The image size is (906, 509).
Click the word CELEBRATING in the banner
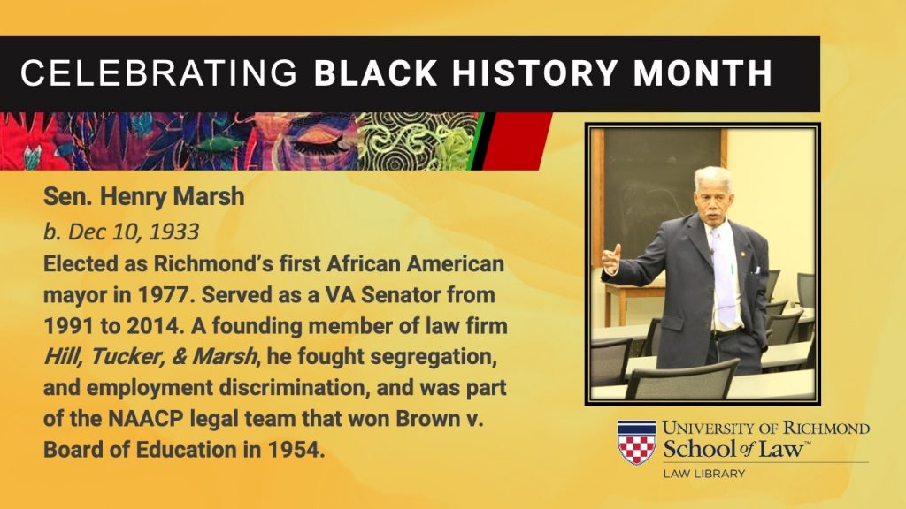pyautogui.click(x=159, y=73)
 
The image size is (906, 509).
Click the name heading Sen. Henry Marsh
pyautogui.click(x=144, y=197)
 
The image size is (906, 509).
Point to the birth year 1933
pyautogui.click(x=174, y=232)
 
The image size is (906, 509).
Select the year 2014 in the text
pyautogui.click(x=154, y=326)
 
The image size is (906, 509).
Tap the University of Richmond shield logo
pyautogui.click(x=637, y=442)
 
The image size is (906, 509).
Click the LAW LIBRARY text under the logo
pyautogui.click(x=704, y=474)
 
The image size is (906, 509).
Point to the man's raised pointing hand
pyautogui.click(x=611, y=258)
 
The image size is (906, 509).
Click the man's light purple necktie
pyautogui.click(x=724, y=276)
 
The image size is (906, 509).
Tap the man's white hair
pyautogui.click(x=713, y=176)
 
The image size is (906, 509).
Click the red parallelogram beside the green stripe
pyautogui.click(x=516, y=141)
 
